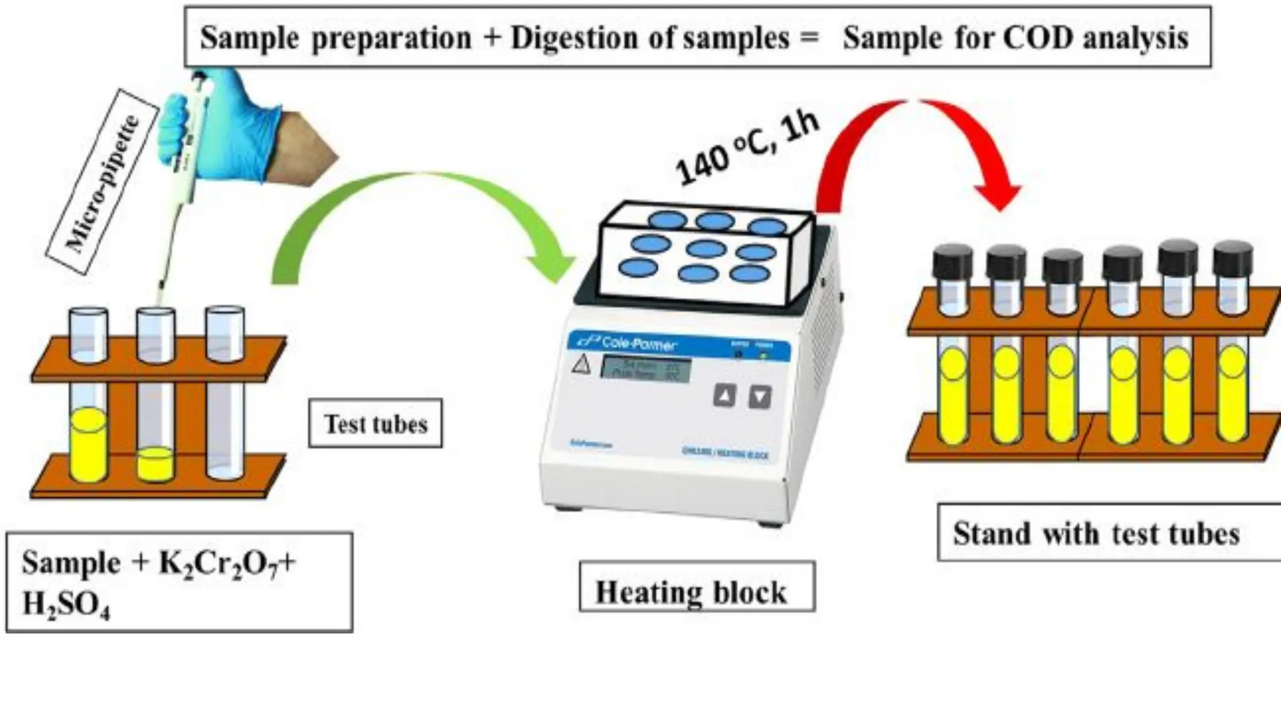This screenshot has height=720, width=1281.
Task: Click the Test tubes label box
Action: (375, 424)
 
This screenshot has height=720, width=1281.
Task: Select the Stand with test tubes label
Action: (1096, 533)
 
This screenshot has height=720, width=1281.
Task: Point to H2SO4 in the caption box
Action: (66, 605)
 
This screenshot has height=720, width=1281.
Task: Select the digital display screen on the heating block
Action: (646, 369)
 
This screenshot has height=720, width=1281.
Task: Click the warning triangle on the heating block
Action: (582, 364)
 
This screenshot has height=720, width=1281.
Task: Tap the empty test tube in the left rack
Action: (225, 400)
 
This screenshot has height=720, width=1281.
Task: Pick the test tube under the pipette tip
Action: (155, 400)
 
